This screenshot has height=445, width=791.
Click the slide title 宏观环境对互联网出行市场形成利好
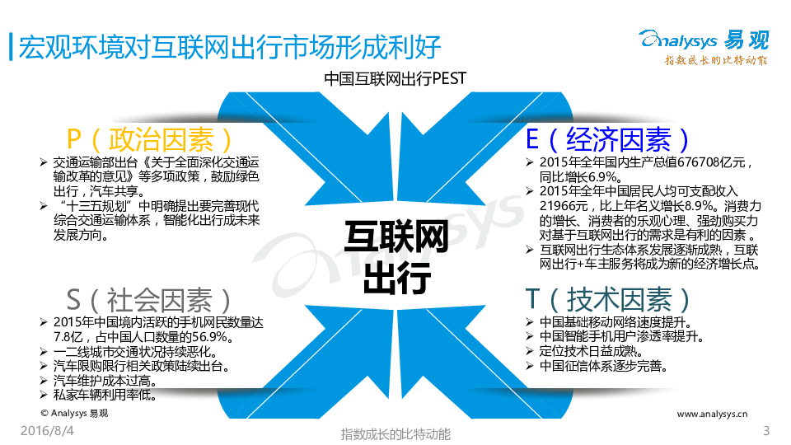click(x=230, y=48)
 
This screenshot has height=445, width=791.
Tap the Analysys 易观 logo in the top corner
click(x=704, y=47)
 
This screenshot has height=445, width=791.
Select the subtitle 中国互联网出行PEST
click(x=395, y=79)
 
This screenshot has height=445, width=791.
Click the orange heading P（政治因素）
click(x=149, y=139)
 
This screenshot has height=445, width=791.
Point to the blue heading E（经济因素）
click(x=607, y=139)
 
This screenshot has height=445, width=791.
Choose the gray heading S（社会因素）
click(x=148, y=300)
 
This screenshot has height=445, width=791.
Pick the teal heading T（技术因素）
click(x=607, y=300)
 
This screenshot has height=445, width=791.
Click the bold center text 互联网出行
click(x=396, y=257)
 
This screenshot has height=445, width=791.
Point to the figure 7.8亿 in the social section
click(x=68, y=336)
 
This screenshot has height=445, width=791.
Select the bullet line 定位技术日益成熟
click(x=591, y=351)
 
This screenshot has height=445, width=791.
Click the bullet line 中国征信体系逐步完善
click(x=603, y=366)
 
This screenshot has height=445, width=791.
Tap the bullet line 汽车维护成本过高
click(x=105, y=381)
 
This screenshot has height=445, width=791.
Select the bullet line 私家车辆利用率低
click(x=105, y=395)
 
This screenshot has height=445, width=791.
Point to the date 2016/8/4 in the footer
click(x=47, y=430)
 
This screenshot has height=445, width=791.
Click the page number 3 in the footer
click(x=766, y=430)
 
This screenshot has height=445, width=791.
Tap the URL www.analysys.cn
click(x=712, y=414)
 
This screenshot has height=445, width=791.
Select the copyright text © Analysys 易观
click(x=74, y=413)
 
